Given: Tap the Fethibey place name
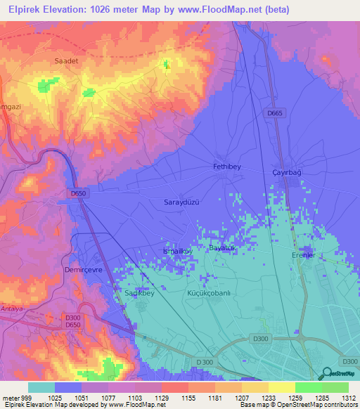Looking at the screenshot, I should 227,167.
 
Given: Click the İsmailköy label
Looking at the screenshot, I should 177,252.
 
